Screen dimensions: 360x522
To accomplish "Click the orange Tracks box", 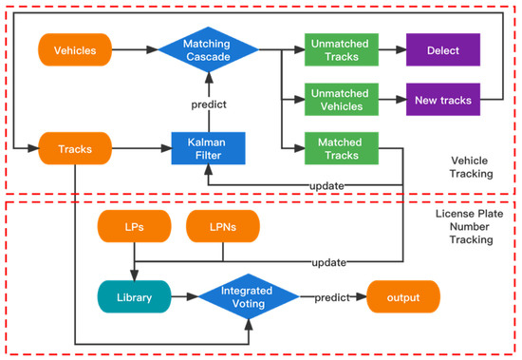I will click(76, 147).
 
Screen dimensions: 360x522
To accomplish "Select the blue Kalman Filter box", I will click(208, 147).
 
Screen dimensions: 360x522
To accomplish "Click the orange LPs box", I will click(136, 227).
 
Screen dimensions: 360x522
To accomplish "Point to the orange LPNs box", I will click(223, 227).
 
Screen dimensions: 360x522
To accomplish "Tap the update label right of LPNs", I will click(327, 261).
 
